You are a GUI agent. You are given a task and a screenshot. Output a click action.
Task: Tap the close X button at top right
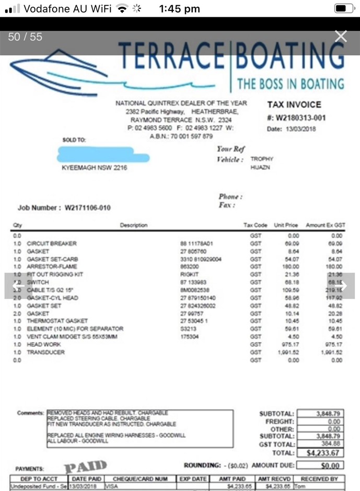tap(341, 36)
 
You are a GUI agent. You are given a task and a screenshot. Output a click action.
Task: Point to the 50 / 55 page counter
tap(25, 37)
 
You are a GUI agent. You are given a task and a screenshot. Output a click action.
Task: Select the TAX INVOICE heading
tap(294, 104)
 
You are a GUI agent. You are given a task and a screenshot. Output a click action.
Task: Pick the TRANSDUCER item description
tap(46, 352)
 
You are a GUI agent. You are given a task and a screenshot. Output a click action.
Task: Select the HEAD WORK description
tap(44, 344)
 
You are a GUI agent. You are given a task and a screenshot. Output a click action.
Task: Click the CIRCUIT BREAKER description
tap(52, 243)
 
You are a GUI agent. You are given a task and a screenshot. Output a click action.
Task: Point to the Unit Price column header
tap(286, 225)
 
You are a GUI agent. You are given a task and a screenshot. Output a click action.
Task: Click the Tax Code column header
tap(256, 225)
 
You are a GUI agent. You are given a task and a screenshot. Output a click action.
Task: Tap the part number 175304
tap(190, 337)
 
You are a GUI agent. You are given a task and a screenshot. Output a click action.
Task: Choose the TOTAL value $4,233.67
tap(324, 452)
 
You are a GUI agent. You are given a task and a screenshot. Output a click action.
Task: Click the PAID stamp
tap(86, 466)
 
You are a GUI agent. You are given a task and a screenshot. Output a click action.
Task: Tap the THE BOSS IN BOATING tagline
tap(291, 83)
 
